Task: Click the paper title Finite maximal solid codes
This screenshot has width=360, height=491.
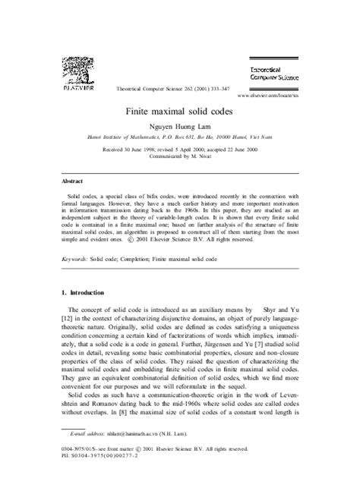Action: point(180,109)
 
